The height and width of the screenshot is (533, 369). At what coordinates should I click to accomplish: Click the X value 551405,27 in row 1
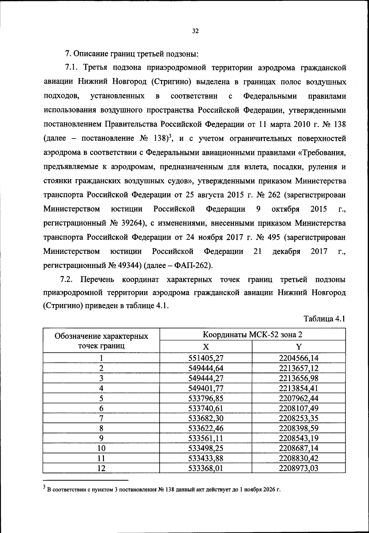point(205,358)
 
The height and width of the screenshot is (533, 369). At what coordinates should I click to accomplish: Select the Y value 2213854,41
point(299,388)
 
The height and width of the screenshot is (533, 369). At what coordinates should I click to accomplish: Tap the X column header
point(206,347)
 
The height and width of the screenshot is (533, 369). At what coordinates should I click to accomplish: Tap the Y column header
point(299,347)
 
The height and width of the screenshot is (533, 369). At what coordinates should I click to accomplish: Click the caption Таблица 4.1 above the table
point(324,319)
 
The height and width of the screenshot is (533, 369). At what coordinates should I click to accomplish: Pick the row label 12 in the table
point(101,468)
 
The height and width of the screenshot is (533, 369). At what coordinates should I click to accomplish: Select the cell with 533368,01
point(205,468)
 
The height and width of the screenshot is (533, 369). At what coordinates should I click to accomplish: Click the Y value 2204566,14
point(299,358)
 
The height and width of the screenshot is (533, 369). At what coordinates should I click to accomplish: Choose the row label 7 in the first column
point(101,418)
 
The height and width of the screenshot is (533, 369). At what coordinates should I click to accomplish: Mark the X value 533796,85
point(205,398)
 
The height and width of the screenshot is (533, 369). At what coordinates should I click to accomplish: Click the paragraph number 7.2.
point(66,279)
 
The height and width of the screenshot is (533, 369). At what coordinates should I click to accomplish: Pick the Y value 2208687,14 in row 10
point(299,448)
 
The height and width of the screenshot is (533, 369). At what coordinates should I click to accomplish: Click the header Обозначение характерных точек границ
point(101,341)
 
